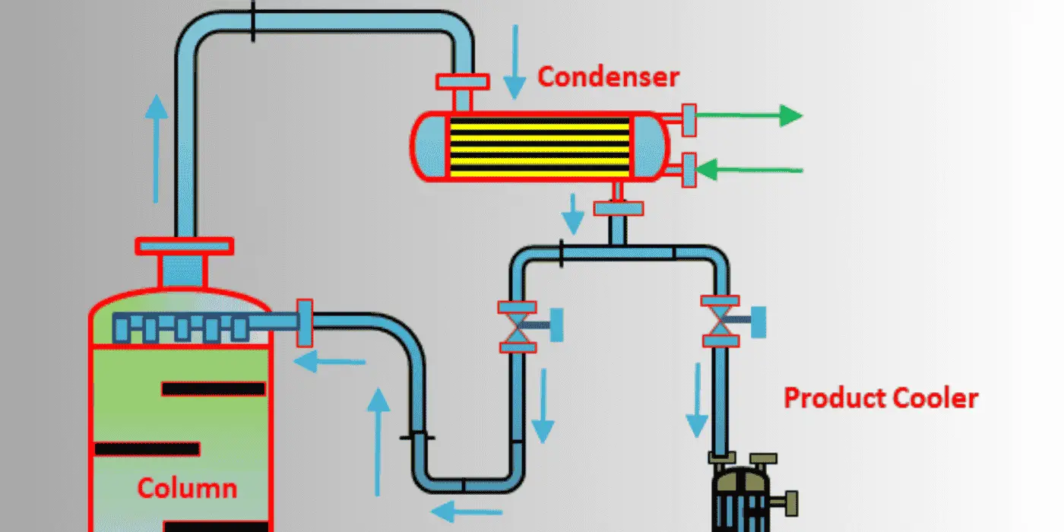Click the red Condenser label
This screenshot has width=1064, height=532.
(608, 77)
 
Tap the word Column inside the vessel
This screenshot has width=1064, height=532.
(187, 488)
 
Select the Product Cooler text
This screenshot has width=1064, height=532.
(881, 398)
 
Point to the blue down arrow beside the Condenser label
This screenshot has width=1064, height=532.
(515, 62)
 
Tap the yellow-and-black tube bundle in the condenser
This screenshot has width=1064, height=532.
(540, 146)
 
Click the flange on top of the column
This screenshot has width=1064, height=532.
(184, 246)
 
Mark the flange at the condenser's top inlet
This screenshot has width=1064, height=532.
(463, 82)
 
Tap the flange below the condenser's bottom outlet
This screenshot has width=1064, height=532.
(619, 208)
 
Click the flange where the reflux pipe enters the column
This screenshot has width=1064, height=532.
(305, 323)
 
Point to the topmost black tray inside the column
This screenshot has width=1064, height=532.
(214, 389)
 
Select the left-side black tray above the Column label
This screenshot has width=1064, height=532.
(147, 449)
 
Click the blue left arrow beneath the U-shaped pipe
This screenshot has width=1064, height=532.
(466, 512)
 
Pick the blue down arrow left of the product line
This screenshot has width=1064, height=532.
(698, 400)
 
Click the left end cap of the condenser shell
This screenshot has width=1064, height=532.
(430, 147)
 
